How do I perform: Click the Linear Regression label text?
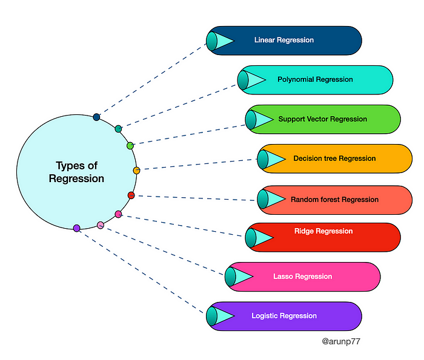[283, 40]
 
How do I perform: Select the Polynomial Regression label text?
[315, 79]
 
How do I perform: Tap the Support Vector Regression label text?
[322, 119]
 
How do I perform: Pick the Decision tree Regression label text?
[334, 159]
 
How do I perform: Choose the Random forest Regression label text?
[334, 199]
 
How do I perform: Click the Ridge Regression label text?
[323, 231]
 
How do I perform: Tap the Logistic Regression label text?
[284, 316]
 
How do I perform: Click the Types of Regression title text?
[76, 172]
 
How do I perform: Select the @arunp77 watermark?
[342, 341]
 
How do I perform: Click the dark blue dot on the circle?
[96, 117]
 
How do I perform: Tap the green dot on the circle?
[130, 146]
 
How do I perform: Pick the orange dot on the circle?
[136, 170]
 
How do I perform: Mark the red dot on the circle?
[131, 195]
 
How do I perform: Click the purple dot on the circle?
[76, 228]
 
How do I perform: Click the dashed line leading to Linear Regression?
[151, 79]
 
